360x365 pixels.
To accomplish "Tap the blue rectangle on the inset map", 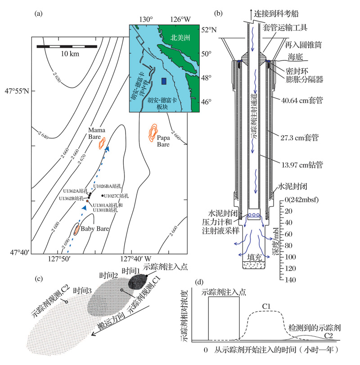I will click(x=163, y=81).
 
